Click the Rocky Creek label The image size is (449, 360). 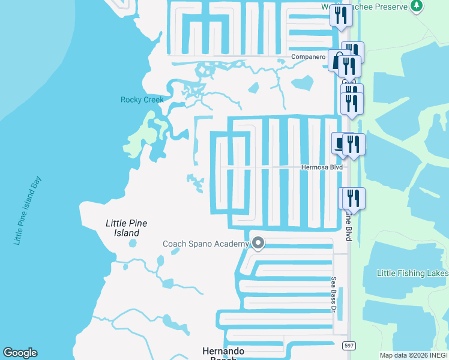click(142, 100)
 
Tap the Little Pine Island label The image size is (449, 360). click(126, 228)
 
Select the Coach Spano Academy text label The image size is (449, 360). click(205, 244)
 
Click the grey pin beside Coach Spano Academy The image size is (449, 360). click(258, 243)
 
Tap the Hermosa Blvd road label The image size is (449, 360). click(321, 167)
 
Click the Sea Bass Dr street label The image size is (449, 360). click(334, 294)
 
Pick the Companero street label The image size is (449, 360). click(307, 57)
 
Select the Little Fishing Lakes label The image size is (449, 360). click(412, 273)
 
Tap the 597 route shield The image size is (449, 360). click(348, 346)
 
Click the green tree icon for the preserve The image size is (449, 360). click(416, 6)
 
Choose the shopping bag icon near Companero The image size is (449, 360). click(337, 60)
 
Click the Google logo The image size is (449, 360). click(20, 353)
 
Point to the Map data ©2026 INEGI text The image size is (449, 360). click(413, 355)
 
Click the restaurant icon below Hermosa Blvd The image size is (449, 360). click(352, 199)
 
